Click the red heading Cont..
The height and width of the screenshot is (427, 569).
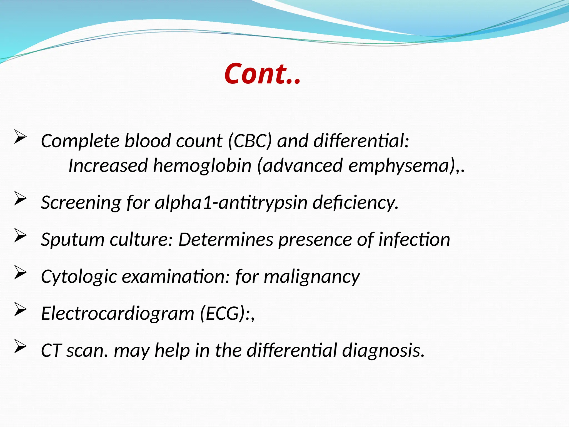262,74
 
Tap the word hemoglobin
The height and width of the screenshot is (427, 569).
202,166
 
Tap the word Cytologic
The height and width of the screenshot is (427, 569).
79,277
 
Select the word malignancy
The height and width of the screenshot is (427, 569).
312,277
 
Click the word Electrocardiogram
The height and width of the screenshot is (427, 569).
118,313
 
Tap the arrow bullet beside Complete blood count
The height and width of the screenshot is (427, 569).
20,137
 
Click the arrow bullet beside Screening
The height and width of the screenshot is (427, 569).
20,198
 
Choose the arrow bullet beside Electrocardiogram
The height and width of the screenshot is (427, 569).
20,309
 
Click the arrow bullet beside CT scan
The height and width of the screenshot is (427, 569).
20,346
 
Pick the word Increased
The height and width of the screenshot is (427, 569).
108,166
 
